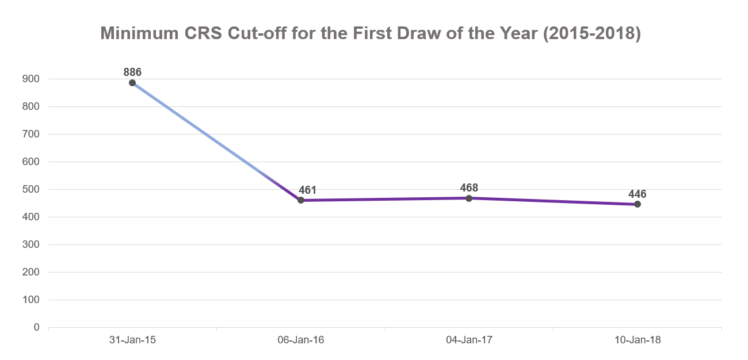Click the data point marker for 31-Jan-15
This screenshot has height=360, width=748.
click(x=132, y=83)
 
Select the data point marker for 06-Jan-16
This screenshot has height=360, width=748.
click(x=301, y=200)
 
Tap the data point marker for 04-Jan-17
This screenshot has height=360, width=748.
click(x=469, y=198)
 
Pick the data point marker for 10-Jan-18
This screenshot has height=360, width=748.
click(x=638, y=204)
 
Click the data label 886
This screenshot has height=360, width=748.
click(x=132, y=72)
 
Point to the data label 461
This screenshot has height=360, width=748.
click(x=308, y=190)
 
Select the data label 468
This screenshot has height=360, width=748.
click(x=469, y=188)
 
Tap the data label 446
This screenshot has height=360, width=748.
click(x=638, y=194)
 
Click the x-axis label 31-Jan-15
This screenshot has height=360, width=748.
click(x=132, y=340)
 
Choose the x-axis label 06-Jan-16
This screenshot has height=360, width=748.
click(x=301, y=340)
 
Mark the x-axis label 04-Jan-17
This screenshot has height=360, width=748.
click(x=469, y=340)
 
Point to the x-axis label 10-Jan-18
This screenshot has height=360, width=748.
click(x=638, y=340)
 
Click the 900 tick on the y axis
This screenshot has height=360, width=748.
click(x=32, y=79)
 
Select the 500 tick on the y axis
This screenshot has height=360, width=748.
click(x=32, y=190)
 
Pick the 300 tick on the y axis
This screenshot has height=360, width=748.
click(x=32, y=245)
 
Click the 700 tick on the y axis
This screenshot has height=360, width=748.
click(x=32, y=135)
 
